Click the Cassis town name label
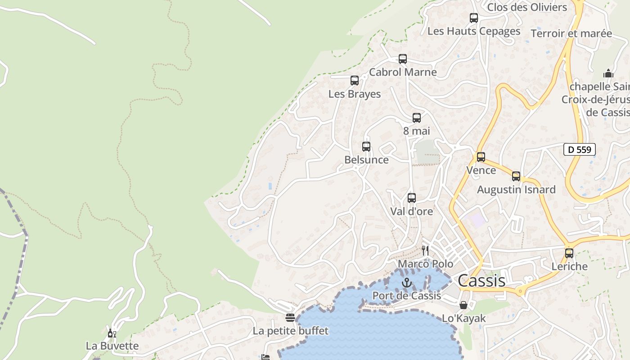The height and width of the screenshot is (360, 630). (481, 281)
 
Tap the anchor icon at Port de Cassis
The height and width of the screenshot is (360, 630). (407, 283)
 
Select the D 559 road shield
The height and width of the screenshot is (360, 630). (580, 149)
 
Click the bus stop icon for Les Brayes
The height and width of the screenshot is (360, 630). (355, 81)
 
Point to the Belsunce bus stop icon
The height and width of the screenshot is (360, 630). (366, 146)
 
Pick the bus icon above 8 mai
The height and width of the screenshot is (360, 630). (417, 118)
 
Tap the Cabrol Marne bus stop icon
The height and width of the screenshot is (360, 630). (403, 59)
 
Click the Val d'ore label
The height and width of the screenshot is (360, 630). (411, 211)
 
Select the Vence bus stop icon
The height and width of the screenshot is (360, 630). (481, 157)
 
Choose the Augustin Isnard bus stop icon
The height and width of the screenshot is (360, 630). (516, 176)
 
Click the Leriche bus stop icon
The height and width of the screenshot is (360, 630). (569, 253)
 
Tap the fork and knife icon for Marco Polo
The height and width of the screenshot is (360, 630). (425, 251)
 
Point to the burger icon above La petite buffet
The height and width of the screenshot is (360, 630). (290, 318)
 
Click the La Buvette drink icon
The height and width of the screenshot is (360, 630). (112, 333)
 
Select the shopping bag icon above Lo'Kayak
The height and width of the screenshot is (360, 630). (463, 305)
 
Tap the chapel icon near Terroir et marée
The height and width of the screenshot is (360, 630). (608, 73)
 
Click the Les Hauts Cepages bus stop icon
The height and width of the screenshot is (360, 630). (474, 18)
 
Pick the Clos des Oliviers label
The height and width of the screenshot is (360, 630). (527, 7)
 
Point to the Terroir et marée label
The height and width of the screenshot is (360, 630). (571, 33)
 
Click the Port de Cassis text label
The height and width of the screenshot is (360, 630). (407, 296)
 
